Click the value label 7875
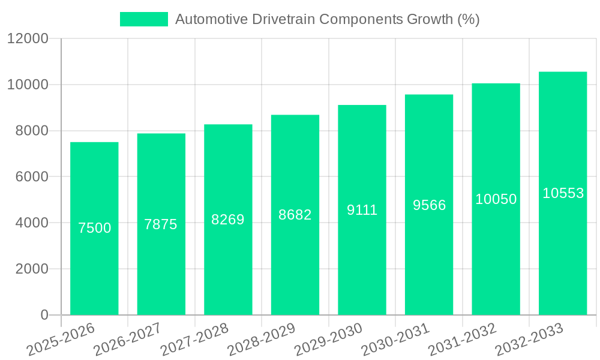161,224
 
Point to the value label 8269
228,220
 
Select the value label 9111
362,210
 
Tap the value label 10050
496,199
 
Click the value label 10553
563,193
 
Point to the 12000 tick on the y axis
28,38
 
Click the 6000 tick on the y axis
31,177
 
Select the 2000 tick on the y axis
31,269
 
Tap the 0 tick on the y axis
44,315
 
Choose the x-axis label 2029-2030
329,340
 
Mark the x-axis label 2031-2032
463,340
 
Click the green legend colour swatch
144,19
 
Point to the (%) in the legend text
468,19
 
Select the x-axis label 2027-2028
194,340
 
